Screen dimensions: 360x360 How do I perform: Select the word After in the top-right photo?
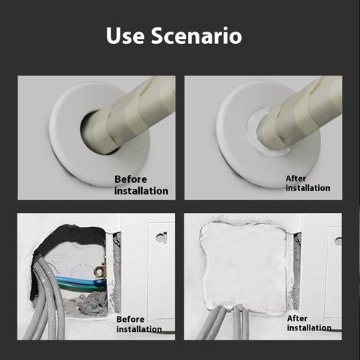click(296, 178)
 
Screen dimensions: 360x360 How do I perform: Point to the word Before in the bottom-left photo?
click(130, 319)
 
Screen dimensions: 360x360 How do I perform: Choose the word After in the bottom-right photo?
click(297, 318)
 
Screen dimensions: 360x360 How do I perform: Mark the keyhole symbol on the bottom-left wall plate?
click(163, 237)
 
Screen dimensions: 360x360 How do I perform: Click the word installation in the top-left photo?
click(141, 191)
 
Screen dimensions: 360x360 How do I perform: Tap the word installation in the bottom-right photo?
click(309, 328)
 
